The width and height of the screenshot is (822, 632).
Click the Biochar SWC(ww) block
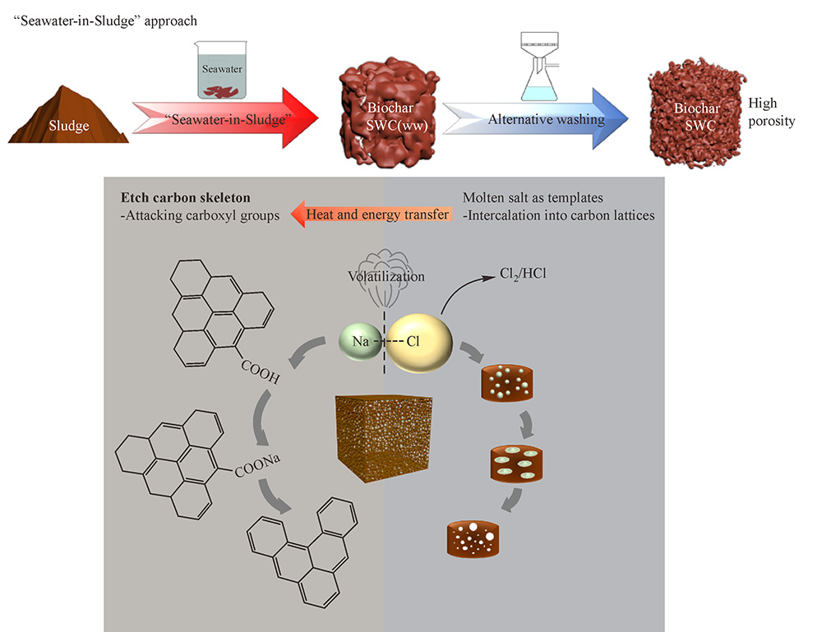coord(385,113)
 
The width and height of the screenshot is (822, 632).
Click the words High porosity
coord(771,113)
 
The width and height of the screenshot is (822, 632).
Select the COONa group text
coord(258,471)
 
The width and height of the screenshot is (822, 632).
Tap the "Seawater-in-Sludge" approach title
coord(106,18)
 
